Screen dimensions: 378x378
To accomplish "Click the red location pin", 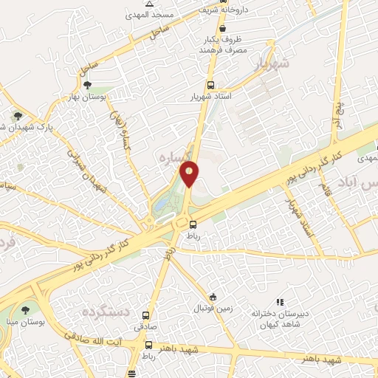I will click(190, 174).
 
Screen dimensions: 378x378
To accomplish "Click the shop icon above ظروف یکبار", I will click(222, 28).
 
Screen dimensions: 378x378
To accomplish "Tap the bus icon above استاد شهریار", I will click(211, 85).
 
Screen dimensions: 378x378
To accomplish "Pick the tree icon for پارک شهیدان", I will click(17, 116).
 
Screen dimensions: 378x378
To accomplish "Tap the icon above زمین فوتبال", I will click(213, 297).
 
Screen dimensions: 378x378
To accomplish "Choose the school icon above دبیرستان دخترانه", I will click(280, 302).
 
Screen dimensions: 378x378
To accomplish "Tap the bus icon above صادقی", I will click(145, 315).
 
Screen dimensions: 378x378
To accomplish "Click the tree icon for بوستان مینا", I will click(26, 311).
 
